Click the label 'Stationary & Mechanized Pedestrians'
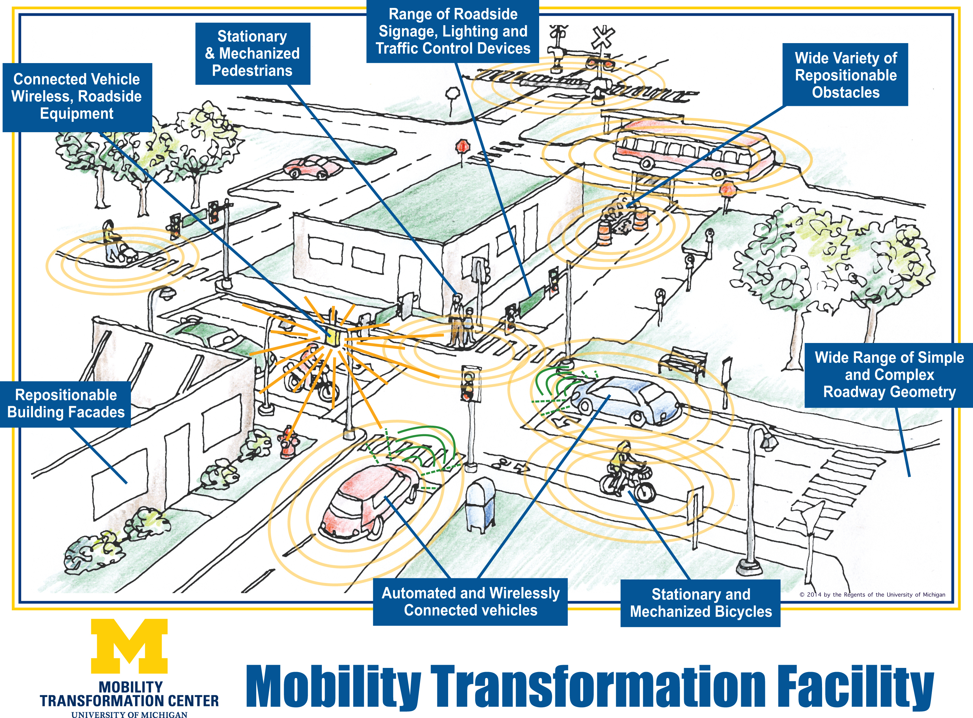[x=252, y=54]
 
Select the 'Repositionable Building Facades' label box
[x=66, y=404]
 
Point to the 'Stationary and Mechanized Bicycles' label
[x=700, y=603]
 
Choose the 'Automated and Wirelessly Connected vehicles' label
[x=470, y=602]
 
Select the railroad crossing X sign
[x=603, y=37]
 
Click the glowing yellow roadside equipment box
[x=334, y=337]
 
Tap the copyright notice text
[x=872, y=595]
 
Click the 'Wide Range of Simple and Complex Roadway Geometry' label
[x=889, y=375]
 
